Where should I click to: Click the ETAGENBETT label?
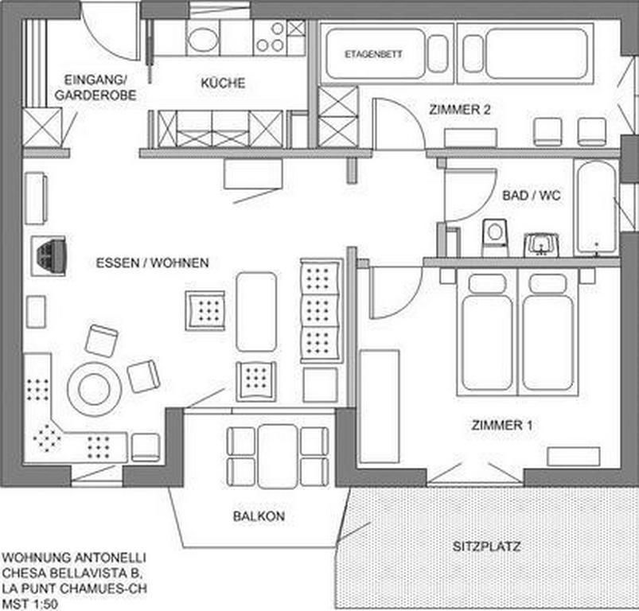[373, 54]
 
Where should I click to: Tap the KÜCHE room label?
[223, 83]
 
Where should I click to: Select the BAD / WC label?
[532, 196]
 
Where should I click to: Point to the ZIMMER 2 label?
[460, 110]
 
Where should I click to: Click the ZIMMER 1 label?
[501, 426]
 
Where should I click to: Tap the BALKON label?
[259, 516]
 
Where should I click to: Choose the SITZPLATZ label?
[486, 547]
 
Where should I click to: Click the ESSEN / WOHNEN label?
[153, 263]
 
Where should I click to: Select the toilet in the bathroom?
[495, 238]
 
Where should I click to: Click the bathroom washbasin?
[541, 244]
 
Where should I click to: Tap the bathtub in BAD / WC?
[597, 208]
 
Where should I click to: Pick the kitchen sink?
[203, 38]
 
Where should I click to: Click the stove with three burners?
[271, 38]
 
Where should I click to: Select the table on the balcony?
[277, 456]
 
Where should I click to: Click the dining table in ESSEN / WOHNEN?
[256, 312]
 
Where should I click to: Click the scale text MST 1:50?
[29, 604]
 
